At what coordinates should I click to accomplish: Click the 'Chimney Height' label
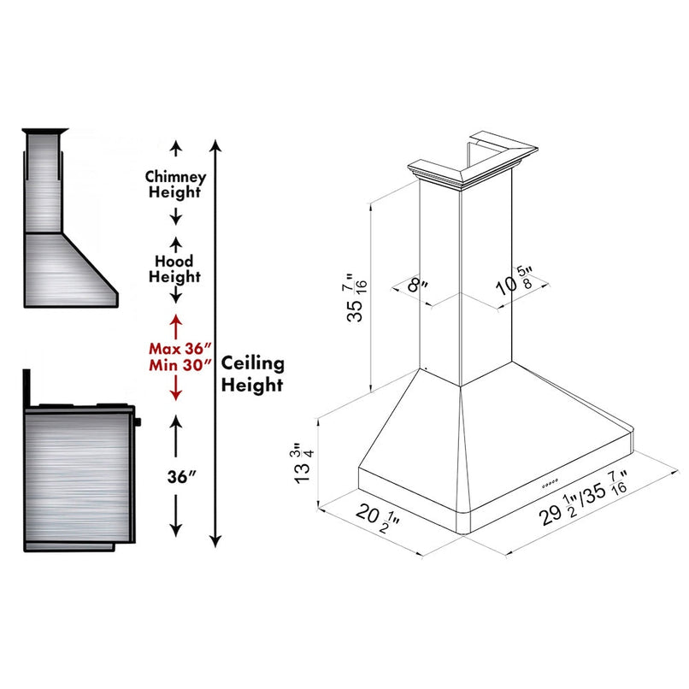click(x=174, y=184)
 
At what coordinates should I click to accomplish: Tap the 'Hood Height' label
click(x=174, y=268)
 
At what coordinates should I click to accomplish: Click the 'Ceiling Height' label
click(x=252, y=374)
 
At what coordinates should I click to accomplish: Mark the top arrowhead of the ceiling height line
click(x=216, y=144)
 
